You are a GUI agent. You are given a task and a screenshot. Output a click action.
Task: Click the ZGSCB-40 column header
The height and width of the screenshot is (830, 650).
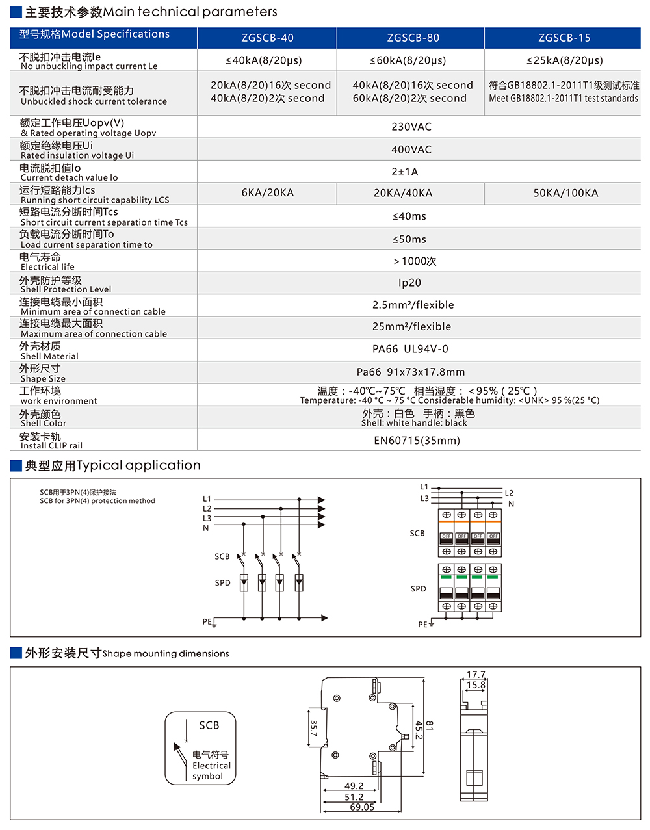click(267, 38)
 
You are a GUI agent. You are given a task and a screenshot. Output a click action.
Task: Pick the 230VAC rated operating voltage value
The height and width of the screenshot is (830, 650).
click(411, 127)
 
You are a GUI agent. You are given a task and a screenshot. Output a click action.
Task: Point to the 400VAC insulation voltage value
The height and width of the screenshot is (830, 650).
click(411, 149)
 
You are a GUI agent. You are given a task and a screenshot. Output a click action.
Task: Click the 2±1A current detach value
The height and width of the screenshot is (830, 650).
click(405, 172)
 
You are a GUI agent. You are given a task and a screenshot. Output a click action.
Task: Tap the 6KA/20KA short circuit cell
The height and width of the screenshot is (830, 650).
click(267, 193)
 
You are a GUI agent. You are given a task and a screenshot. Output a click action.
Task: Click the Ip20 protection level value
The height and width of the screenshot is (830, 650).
click(409, 283)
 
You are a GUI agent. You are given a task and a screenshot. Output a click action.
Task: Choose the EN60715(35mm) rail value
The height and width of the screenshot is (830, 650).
click(417, 440)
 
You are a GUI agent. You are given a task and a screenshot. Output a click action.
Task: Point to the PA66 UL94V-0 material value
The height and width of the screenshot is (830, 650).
click(410, 349)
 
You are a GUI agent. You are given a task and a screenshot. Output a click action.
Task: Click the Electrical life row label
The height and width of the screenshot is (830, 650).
click(47, 261)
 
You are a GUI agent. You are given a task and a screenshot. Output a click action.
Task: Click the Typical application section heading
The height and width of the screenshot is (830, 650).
click(112, 465)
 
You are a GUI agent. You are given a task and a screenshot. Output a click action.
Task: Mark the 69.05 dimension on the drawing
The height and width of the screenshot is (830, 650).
click(362, 807)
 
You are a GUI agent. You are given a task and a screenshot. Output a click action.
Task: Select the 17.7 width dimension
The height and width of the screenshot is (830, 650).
click(476, 675)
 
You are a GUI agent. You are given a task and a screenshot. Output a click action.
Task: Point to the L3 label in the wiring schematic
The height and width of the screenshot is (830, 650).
click(207, 518)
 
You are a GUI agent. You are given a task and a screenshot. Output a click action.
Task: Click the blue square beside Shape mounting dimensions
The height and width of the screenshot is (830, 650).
click(16, 653)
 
